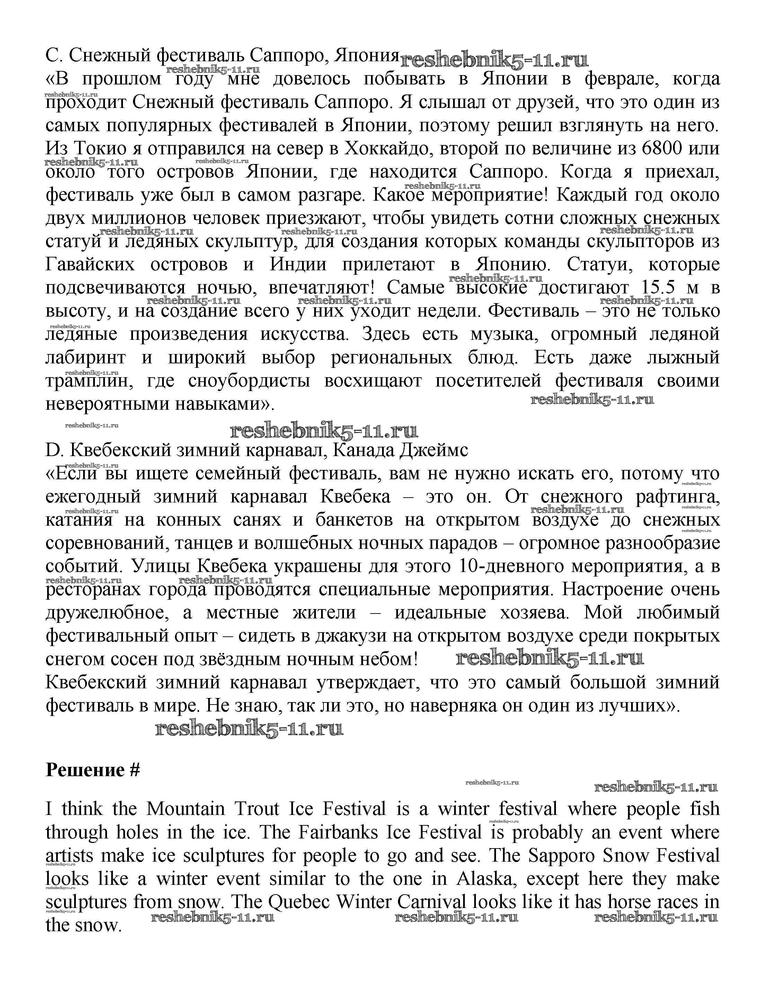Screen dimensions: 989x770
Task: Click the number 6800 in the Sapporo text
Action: tap(661, 148)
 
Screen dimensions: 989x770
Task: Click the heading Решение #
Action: tap(93, 770)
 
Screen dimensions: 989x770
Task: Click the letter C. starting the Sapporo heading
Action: tap(54, 55)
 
